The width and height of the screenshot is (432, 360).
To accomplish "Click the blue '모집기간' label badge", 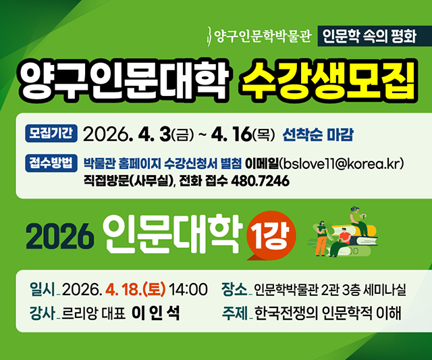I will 52,132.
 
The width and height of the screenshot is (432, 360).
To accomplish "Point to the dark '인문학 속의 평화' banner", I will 369,36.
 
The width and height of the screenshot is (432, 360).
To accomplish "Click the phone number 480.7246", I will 260,182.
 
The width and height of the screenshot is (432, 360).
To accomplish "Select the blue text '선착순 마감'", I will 319,133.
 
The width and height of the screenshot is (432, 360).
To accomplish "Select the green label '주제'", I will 234,313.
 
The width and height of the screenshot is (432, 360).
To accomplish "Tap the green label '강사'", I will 42,313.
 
